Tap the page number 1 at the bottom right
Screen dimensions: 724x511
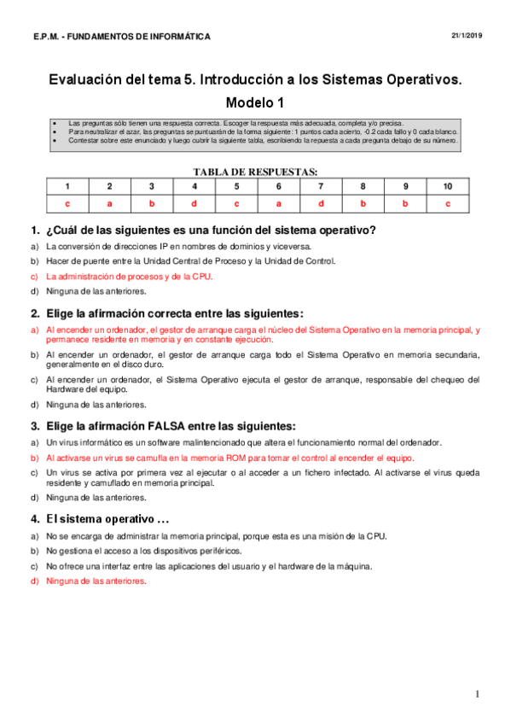[x=478, y=693]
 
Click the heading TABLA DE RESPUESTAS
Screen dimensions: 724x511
[x=255, y=171]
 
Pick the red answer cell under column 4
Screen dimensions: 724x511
[x=194, y=203]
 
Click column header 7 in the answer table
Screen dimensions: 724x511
[x=321, y=186]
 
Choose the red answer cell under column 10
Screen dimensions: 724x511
[x=447, y=203]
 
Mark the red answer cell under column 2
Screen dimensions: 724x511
[x=109, y=203]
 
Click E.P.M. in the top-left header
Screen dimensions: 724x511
[x=46, y=37]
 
